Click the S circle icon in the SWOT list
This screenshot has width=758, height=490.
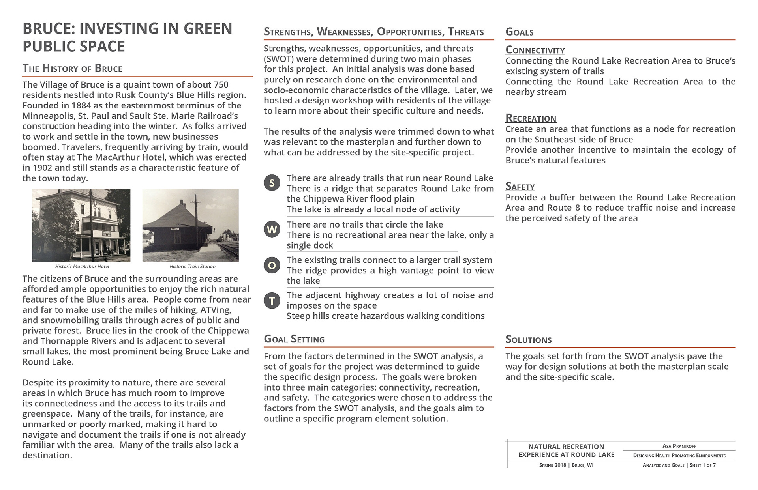coord(272,183)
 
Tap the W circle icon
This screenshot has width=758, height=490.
coord(272,229)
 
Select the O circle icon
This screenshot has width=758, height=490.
coord(272,265)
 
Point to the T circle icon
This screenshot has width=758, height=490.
coord(272,301)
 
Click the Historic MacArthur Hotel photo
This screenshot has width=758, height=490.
coord(81,225)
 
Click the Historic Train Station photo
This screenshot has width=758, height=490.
coord(190,225)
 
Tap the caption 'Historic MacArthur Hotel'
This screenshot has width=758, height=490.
coord(82,267)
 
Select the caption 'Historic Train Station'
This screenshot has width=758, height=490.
coord(193,267)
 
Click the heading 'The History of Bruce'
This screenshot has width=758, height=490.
coord(72,69)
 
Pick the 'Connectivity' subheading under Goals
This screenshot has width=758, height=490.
coord(535,50)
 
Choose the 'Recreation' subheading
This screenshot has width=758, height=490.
coord(531,119)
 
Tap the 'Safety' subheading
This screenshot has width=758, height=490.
coord(520,187)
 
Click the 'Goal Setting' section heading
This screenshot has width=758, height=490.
coord(294,339)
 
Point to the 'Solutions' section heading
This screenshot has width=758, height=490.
coord(528,340)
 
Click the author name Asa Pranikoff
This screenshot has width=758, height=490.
coord(679,446)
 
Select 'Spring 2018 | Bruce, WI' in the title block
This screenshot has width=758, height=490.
coord(566,465)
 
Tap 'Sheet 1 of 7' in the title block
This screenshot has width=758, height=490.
coord(703,465)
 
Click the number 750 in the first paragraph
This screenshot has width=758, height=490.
coord(221,85)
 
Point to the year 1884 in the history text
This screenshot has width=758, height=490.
coord(81,106)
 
